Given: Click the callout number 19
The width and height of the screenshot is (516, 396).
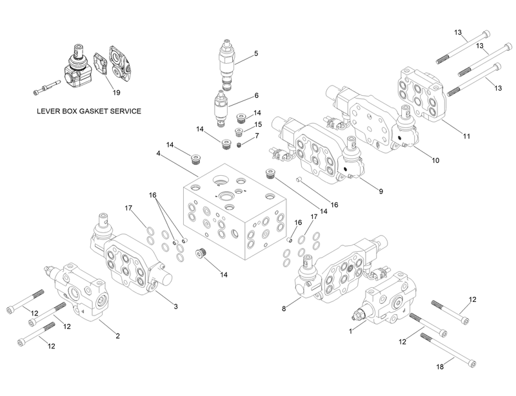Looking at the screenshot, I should pos(116,92).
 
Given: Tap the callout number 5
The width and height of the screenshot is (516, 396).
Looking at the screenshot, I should pos(256,53).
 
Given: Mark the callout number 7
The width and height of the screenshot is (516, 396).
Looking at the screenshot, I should pos(256,135).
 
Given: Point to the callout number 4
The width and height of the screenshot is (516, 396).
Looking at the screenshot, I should pos(158,153).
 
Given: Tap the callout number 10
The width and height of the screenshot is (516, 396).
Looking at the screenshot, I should pos(435,160).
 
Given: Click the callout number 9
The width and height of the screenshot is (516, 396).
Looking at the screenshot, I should pos(380,191).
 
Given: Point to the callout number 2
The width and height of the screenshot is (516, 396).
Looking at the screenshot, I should pos(117,335).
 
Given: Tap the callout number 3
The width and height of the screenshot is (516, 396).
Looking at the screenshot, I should pos(175,306).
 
